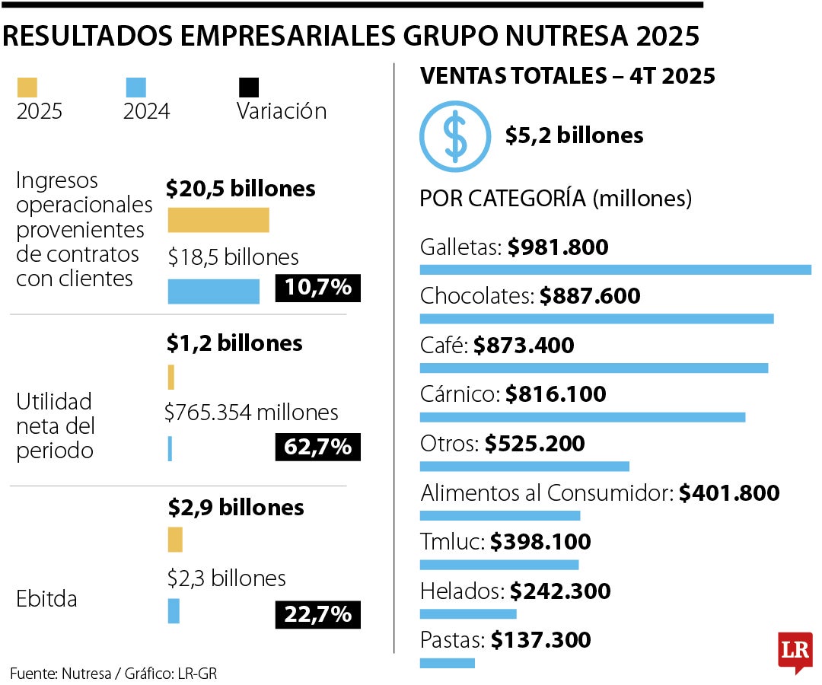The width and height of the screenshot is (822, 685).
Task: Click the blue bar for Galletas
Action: [x=615, y=269]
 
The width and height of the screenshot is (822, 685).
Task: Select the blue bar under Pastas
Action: [x=447, y=663]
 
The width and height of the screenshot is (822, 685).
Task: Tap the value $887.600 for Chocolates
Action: [x=590, y=295]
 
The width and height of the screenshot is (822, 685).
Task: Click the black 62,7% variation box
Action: [x=317, y=447]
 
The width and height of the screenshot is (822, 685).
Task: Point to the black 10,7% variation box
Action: [x=317, y=288]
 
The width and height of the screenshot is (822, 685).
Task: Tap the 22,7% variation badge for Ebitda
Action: [x=317, y=614]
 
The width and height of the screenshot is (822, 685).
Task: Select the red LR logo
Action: [x=795, y=651]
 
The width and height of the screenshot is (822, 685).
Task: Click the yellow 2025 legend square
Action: [x=27, y=87]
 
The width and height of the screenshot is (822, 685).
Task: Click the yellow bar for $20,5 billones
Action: [x=218, y=220]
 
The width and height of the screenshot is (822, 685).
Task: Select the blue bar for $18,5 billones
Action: [x=213, y=292]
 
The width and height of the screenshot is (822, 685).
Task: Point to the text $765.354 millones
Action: [x=251, y=413]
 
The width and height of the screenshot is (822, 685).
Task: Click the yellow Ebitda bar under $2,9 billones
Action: [x=175, y=540]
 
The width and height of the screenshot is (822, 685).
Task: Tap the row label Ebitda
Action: [x=46, y=599]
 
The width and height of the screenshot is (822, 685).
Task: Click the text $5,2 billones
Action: [x=574, y=135]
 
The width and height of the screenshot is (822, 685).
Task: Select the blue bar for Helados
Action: [x=467, y=613]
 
